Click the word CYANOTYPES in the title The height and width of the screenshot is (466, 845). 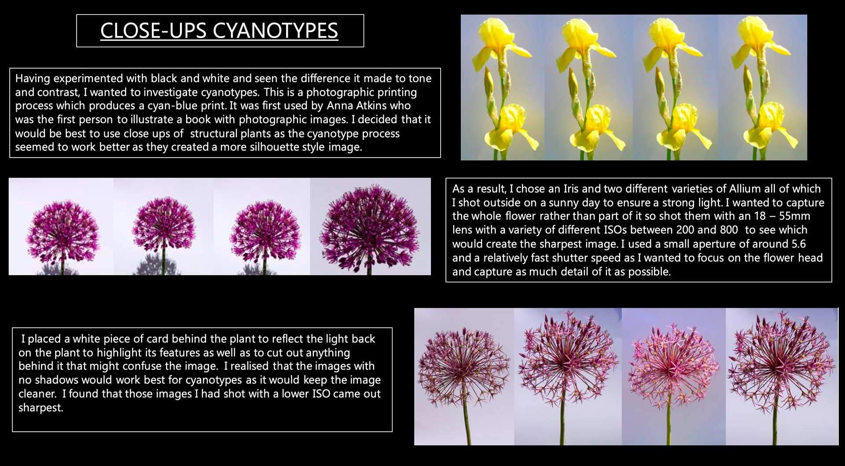(x=276, y=30)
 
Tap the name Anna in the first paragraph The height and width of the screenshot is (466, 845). (x=340, y=106)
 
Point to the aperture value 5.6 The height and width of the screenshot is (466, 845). (x=798, y=244)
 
